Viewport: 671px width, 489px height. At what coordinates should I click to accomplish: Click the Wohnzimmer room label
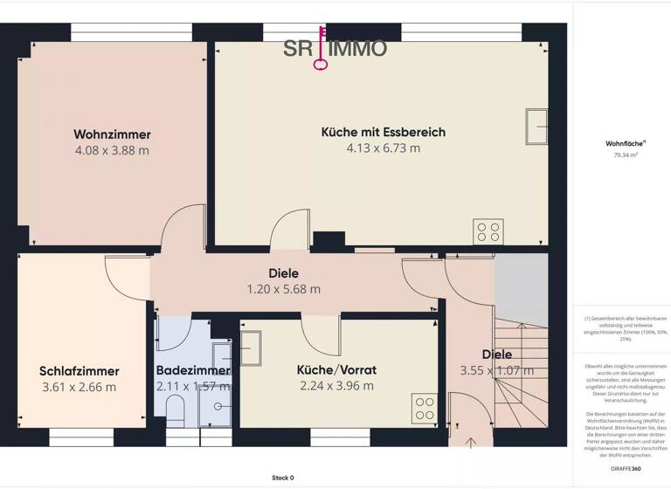(x=112, y=134)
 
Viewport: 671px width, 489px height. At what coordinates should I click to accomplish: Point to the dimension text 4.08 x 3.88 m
(x=112, y=150)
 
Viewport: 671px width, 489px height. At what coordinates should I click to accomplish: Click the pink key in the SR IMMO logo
(x=323, y=49)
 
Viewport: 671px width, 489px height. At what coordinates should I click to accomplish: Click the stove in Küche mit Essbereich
(x=488, y=231)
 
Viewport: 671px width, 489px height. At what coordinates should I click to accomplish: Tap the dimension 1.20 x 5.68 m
(x=282, y=289)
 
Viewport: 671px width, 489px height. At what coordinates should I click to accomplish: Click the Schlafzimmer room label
(x=80, y=371)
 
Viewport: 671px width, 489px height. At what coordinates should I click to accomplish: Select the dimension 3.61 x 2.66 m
(x=80, y=387)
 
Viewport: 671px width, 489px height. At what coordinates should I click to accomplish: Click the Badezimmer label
(x=192, y=370)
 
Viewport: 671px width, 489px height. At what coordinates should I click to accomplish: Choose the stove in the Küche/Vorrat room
(x=424, y=408)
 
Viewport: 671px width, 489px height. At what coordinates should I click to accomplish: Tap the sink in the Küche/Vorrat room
(x=252, y=347)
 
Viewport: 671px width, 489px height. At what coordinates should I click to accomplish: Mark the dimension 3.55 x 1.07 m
(x=496, y=370)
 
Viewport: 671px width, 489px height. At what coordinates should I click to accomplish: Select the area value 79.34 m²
(x=626, y=155)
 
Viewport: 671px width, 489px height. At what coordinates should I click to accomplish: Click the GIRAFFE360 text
(x=625, y=469)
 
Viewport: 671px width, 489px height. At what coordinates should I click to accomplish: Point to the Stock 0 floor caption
(x=282, y=478)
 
